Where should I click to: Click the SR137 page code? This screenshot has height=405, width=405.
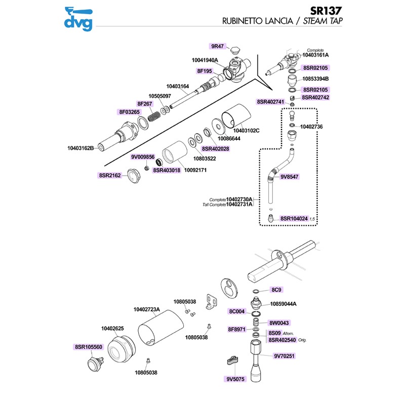point(328,10)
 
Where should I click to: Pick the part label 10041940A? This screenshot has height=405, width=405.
point(205,60)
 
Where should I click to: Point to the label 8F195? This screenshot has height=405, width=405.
point(204,71)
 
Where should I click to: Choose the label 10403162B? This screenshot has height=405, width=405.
point(80,148)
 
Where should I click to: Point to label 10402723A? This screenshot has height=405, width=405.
point(147,309)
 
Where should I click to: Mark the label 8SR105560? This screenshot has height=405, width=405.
point(88,347)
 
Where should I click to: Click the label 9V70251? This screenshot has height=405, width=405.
point(284,356)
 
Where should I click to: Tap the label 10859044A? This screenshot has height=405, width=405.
point(283,304)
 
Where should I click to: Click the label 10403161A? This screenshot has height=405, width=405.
point(315,55)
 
